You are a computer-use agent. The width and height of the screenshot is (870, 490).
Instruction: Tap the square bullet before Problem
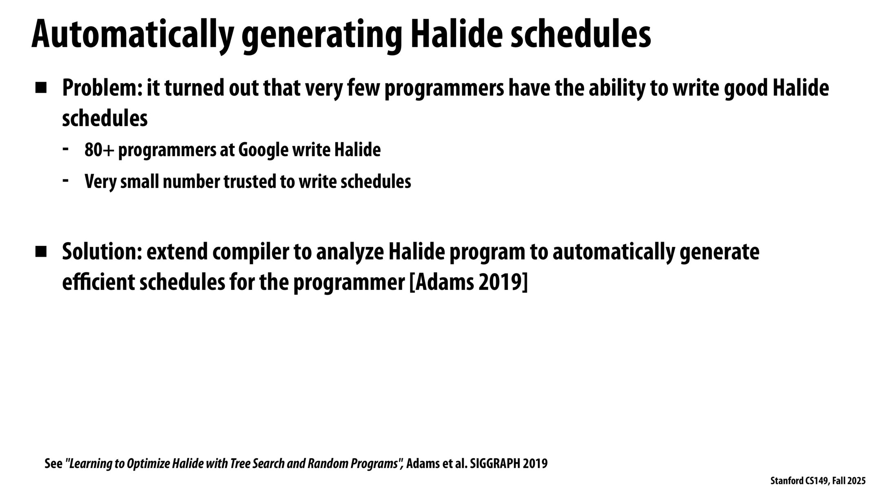pyautogui.click(x=41, y=88)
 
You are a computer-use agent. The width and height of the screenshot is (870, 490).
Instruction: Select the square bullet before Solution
pyautogui.click(x=41, y=252)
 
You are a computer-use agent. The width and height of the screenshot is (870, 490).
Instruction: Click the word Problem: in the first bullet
pyautogui.click(x=102, y=88)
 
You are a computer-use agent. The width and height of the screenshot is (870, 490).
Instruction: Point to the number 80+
pyautogui.click(x=99, y=150)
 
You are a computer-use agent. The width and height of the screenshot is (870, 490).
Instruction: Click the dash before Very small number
pyautogui.click(x=66, y=180)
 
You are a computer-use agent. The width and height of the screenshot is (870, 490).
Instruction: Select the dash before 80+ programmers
pyautogui.click(x=66, y=148)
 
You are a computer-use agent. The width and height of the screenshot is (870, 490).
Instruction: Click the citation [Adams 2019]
pyautogui.click(x=468, y=283)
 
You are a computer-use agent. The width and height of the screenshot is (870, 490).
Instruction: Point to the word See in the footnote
pyautogui.click(x=53, y=464)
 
